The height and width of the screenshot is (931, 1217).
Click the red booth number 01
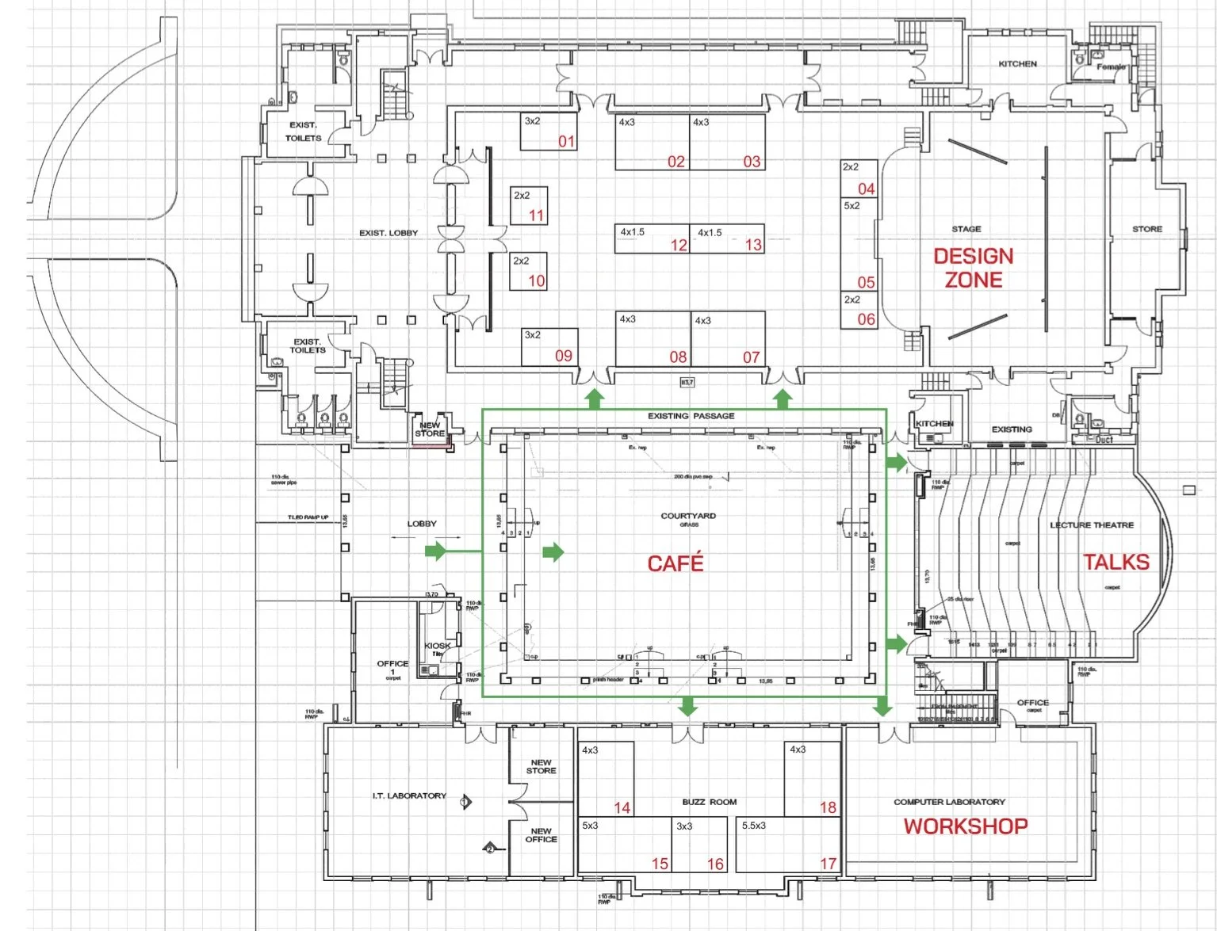[x=566, y=142]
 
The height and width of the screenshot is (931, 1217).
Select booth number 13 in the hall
[x=753, y=245]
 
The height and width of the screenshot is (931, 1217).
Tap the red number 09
[x=564, y=356]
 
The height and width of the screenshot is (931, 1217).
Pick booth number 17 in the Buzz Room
[x=829, y=863]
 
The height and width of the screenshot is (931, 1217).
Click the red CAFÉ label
[x=675, y=563]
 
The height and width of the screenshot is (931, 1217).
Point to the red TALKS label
[x=1116, y=563]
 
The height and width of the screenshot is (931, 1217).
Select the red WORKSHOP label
[x=966, y=826]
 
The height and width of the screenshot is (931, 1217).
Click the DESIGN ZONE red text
[x=974, y=268]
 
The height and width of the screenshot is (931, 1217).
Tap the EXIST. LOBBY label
[x=388, y=233]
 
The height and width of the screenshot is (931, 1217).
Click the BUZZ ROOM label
[x=710, y=802]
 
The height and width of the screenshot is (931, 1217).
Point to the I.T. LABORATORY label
[x=409, y=796]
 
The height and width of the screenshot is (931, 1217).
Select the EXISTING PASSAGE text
[x=691, y=416]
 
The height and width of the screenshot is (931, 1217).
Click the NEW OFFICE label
[x=542, y=835]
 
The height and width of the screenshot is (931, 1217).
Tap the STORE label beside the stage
[x=1147, y=229]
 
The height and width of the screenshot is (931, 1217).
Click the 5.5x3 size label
[x=754, y=826]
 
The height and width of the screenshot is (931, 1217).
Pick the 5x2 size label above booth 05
[x=852, y=206]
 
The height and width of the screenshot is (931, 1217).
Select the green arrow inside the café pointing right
[x=553, y=551]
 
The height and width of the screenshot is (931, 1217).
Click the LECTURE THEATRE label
[x=1092, y=525]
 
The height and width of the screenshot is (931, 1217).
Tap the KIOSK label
[x=437, y=646]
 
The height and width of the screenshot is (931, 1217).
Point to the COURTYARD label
[x=688, y=516]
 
